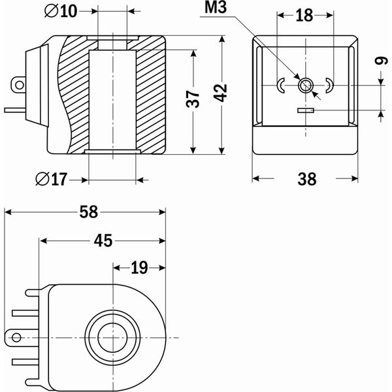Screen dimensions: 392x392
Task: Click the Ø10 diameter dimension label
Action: tap(61, 11)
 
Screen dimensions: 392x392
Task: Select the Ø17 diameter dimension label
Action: tap(52, 179)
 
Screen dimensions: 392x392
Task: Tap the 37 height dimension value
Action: tap(193, 99)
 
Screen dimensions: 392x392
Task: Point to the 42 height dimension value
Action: tap(221, 93)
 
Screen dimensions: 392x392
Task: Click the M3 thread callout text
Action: tap(216, 7)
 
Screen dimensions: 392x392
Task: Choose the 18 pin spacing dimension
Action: tap(304, 16)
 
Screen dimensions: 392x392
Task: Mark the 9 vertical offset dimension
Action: tap(382, 61)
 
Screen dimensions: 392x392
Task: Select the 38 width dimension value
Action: tap(307, 179)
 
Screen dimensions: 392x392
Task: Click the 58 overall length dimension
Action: tap(88, 212)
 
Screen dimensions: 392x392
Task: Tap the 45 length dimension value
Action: tap(103, 240)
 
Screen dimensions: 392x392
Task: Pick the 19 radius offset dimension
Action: tap(140, 268)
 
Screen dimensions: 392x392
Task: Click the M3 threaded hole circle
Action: tap(306, 86)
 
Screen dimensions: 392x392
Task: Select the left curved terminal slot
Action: tap(281, 86)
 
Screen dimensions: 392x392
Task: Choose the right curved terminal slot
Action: tap(330, 86)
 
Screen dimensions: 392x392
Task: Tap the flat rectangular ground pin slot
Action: tap(306, 110)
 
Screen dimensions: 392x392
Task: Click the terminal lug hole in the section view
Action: tap(20, 85)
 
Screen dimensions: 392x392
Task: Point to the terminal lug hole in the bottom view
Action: tap(16, 338)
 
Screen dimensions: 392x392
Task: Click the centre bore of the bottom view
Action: tap(113, 338)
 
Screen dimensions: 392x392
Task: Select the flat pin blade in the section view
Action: tap(15, 110)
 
